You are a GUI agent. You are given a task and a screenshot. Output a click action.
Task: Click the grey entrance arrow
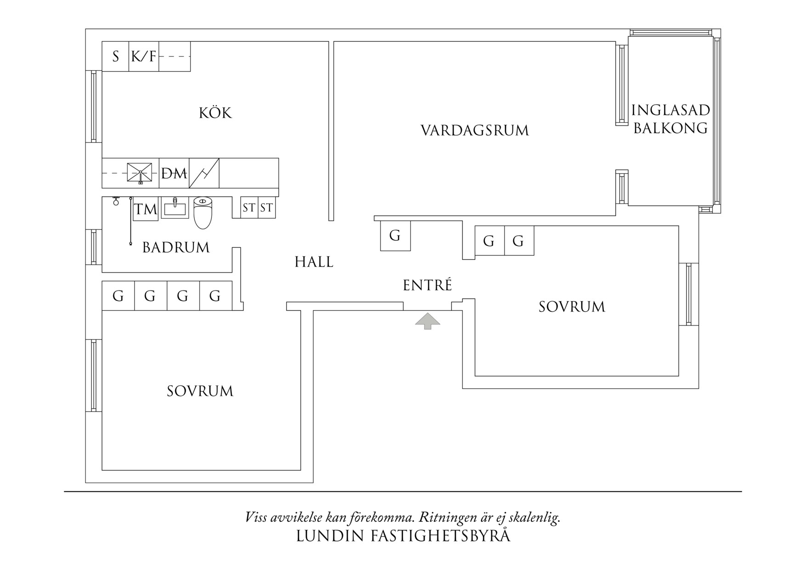click(427, 320)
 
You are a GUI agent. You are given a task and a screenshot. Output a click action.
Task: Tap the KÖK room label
click(215, 113)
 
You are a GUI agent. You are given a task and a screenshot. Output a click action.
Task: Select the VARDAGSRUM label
click(475, 131)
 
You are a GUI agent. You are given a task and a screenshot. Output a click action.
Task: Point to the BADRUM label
click(176, 248)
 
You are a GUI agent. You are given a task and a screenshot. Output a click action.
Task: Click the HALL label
click(314, 262)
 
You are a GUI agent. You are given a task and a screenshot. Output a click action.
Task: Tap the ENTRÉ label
click(427, 285)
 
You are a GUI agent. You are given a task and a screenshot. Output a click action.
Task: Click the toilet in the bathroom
click(203, 212)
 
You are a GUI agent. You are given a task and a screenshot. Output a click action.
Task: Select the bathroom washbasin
click(175, 208)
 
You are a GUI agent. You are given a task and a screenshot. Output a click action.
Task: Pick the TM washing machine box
click(146, 210)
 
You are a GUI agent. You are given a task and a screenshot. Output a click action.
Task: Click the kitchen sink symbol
click(139, 173)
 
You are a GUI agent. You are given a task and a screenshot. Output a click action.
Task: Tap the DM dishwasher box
click(174, 174)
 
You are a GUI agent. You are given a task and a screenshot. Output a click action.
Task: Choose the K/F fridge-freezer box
click(144, 57)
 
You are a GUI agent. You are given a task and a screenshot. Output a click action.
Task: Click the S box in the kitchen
click(115, 57)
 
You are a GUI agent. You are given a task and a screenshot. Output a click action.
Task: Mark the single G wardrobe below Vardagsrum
click(395, 236)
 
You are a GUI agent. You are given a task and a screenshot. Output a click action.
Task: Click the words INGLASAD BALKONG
click(670, 119)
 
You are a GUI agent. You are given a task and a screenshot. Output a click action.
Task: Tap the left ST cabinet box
click(249, 208)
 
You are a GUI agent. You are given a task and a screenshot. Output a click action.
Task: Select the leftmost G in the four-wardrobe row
click(118, 296)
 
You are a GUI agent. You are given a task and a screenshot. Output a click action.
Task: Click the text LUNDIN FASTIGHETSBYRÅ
click(403, 536)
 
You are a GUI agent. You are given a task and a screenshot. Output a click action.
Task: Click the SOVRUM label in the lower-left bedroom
click(200, 391)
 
